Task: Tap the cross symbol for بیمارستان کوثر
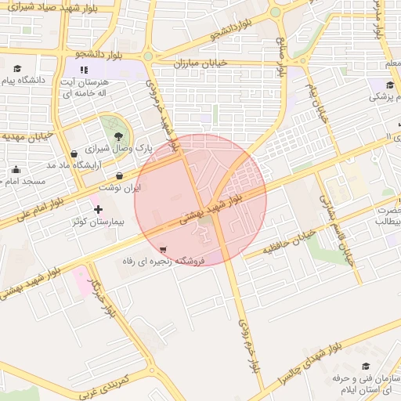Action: pos(97,210)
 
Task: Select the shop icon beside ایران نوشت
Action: pos(119,175)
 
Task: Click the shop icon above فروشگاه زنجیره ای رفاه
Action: pos(162,249)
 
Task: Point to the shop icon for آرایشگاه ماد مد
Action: pos(73,154)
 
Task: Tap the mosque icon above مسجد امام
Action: pos(16,169)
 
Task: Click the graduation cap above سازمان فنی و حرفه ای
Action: pos(366,366)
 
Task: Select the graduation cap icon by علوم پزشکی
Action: pos(390,85)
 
